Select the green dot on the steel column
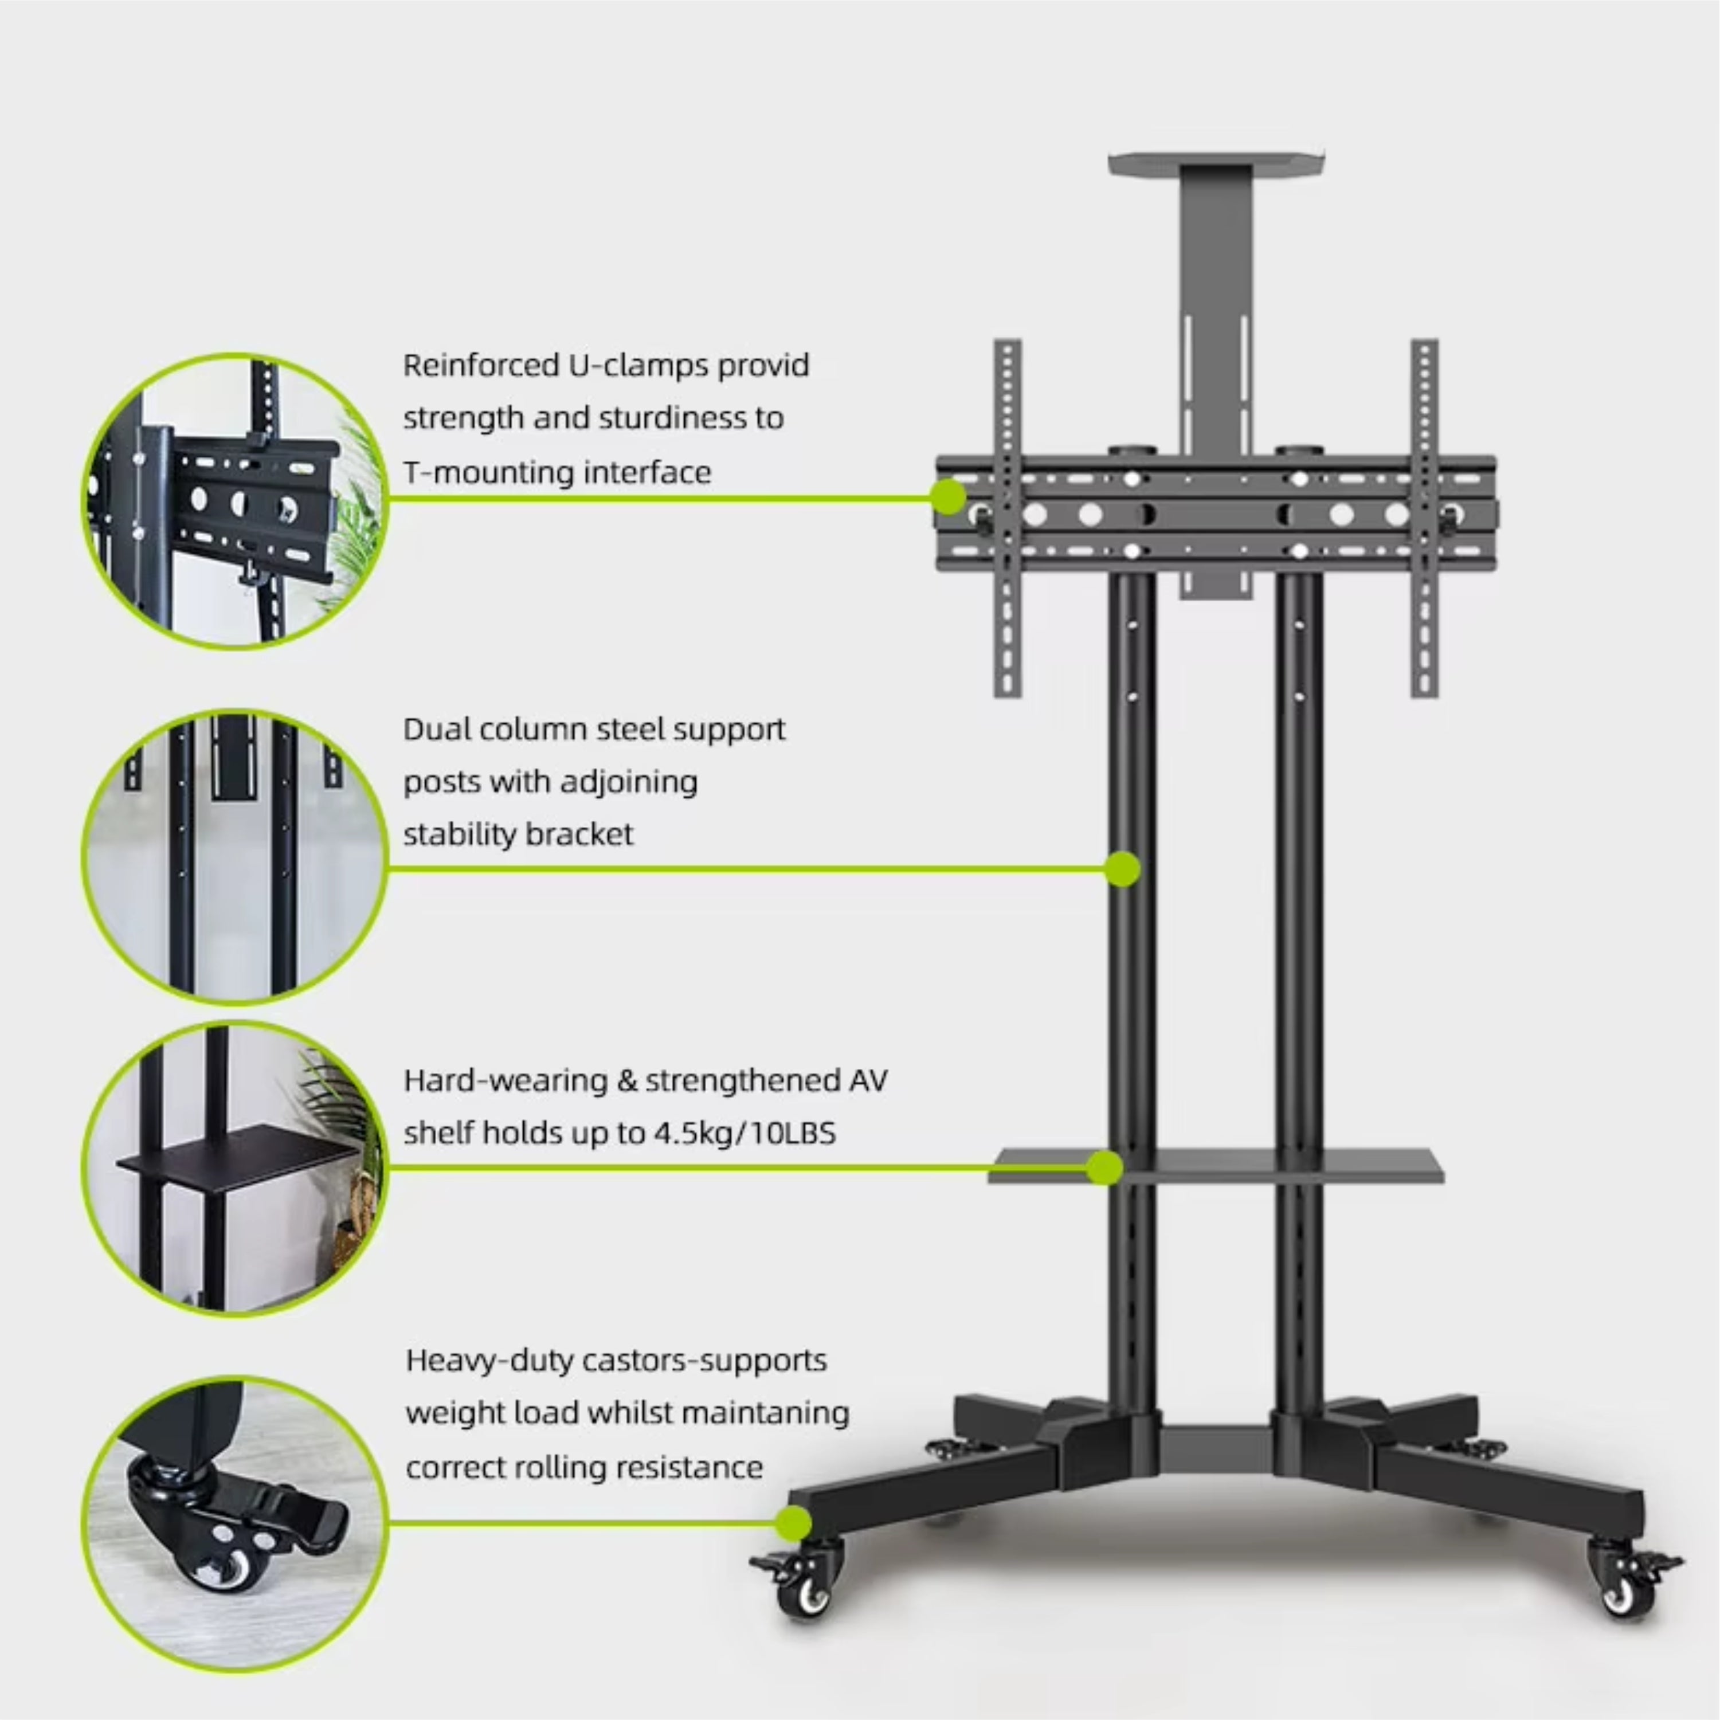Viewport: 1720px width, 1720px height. tap(1123, 869)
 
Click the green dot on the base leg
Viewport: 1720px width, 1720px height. tap(792, 1523)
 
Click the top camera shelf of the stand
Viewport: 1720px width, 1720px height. tap(1216, 163)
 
